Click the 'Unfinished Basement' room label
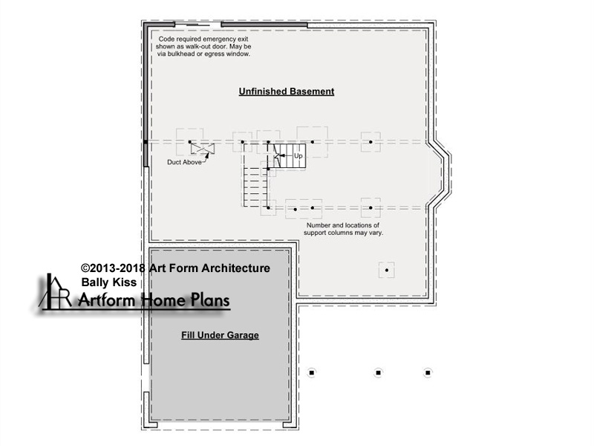pyautogui.click(x=287, y=91)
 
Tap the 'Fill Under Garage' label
pyautogui.click(x=220, y=335)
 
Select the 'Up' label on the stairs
pyautogui.click(x=298, y=156)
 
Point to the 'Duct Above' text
pyautogui.click(x=184, y=162)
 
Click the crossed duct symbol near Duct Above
pyautogui.click(x=202, y=149)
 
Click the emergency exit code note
pyautogui.click(x=203, y=46)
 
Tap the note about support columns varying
pyautogui.click(x=343, y=229)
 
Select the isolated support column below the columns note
pyautogui.click(x=387, y=271)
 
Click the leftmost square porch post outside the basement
pyautogui.click(x=312, y=373)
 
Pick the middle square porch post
pyautogui.click(x=378, y=373)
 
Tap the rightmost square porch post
pyautogui.click(x=428, y=373)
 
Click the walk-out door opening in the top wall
pyautogui.click(x=198, y=25)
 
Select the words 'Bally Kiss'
pyautogui.click(x=108, y=282)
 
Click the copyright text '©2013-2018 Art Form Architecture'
pyautogui.click(x=175, y=268)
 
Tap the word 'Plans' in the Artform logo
pyautogui.click(x=209, y=300)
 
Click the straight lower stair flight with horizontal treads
pyautogui.click(x=255, y=187)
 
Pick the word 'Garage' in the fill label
pyautogui.click(x=243, y=335)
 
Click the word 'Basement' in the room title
pyautogui.click(x=312, y=91)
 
